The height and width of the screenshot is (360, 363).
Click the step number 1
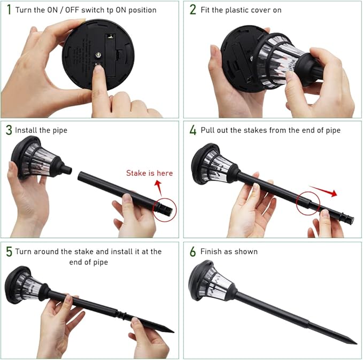click(9, 10)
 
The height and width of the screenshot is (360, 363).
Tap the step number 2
click(193, 10)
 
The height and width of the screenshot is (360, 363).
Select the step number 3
click(9, 130)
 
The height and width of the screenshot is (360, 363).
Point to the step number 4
click(193, 130)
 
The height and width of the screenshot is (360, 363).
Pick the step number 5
click(9, 252)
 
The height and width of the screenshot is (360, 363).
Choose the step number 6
click(193, 252)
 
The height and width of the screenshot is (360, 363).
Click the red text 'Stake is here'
click(150, 173)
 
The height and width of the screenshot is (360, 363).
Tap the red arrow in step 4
click(323, 191)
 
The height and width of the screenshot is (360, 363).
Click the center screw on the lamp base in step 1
click(98, 55)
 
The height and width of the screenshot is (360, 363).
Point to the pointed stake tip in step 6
click(357, 343)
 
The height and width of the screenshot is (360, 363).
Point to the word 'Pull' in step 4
click(207, 130)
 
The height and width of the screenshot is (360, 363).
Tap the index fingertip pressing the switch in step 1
click(98, 69)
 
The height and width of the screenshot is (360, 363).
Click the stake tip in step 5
click(173, 332)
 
